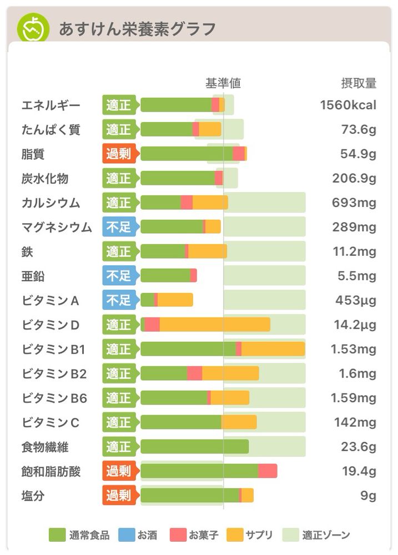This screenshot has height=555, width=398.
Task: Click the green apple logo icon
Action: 33,28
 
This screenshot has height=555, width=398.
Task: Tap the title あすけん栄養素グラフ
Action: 137,29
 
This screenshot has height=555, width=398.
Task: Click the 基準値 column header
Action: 223,83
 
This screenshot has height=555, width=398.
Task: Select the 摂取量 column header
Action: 359,83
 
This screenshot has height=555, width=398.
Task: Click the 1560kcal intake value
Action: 348,105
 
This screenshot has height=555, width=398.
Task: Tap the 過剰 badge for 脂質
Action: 119,154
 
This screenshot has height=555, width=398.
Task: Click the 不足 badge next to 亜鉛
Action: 119,276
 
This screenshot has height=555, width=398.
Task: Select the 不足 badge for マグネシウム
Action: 119,227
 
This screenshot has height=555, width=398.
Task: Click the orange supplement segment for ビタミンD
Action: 215,325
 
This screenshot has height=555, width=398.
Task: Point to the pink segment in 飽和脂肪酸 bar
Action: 268,471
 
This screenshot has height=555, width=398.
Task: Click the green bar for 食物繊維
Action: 194,447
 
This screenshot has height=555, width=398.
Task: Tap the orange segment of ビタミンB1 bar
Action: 273,349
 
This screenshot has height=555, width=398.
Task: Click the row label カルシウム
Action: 51,203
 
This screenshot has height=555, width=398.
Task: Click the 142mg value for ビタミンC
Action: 355,422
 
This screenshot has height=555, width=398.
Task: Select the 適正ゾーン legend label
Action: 326,535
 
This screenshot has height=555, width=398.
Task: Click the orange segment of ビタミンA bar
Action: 175,300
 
